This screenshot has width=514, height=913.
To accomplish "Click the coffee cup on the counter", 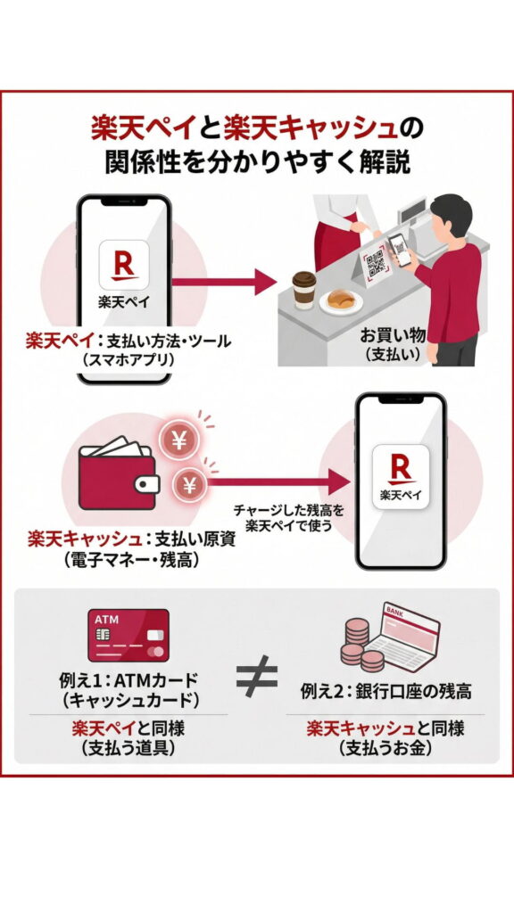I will pos(305,291).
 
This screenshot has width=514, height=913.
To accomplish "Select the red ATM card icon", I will pos(128,635).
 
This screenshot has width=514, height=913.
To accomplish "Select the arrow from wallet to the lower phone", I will pos(277,483).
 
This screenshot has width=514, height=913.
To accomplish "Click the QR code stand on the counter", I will pos(376,264).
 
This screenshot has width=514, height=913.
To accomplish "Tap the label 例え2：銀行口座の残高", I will pos(386,691).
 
